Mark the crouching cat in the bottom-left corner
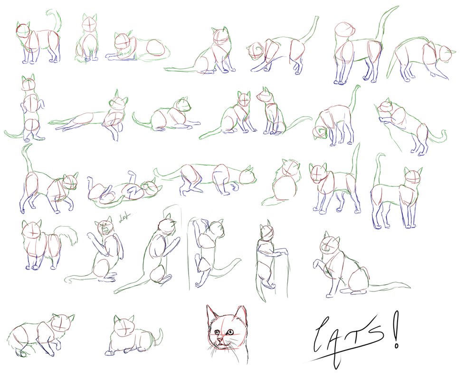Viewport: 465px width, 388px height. point(40,335)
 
